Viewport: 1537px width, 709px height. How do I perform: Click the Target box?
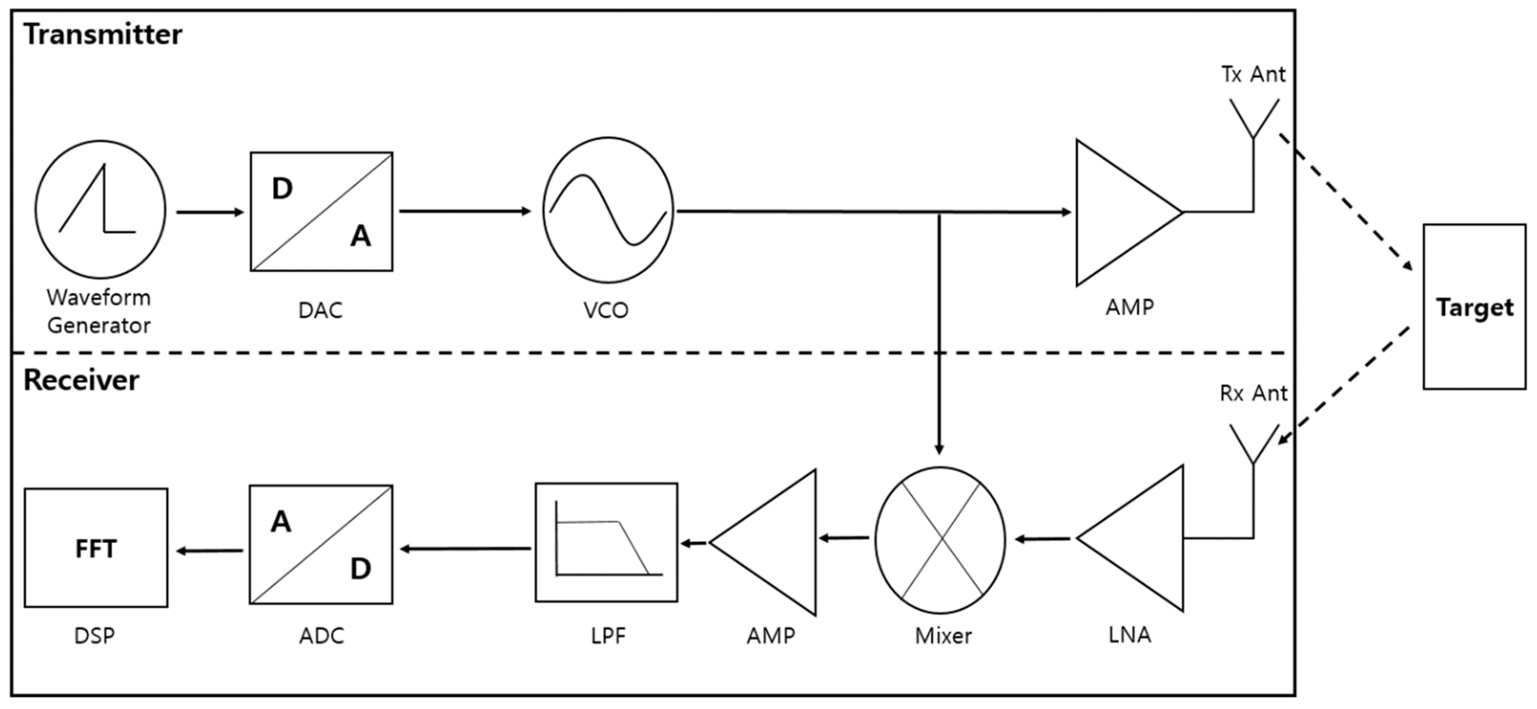(x=1474, y=307)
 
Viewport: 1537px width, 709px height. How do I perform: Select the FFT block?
(x=96, y=548)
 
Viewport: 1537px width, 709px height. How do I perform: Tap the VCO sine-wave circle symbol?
(x=607, y=210)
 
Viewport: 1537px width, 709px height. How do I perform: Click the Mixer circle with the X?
(x=940, y=540)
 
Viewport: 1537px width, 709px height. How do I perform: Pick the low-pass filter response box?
(x=606, y=542)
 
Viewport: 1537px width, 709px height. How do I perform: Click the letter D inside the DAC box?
(x=282, y=188)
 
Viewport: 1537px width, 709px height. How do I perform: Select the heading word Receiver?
(x=81, y=380)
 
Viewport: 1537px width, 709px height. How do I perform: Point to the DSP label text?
(x=94, y=636)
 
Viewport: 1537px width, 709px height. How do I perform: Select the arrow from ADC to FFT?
(x=209, y=550)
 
